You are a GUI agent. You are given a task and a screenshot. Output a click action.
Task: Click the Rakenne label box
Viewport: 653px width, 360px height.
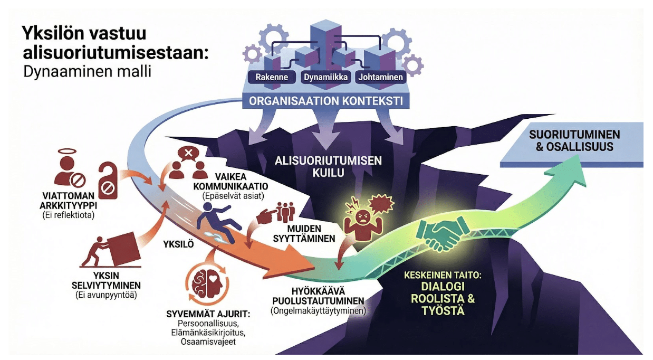pos(271,77)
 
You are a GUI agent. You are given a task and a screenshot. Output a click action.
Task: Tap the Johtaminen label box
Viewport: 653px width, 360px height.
pos(380,77)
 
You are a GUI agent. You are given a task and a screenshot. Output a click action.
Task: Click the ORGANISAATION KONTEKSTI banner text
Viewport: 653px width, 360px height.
pos(325,101)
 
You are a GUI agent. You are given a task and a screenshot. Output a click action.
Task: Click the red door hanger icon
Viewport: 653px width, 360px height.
pos(109,178)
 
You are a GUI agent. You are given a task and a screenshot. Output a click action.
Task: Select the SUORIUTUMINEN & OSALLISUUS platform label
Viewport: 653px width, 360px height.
pos(574,140)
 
